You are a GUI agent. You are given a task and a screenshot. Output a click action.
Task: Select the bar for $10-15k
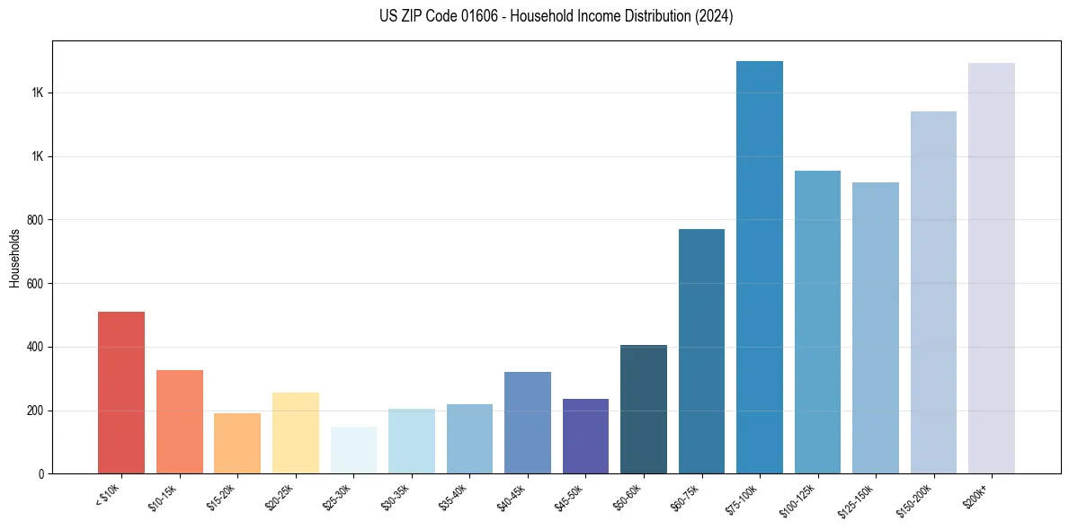(x=179, y=421)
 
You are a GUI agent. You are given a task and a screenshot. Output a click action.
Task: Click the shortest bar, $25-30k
(x=353, y=450)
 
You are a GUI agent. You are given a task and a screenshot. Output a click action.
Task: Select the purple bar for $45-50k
(x=585, y=436)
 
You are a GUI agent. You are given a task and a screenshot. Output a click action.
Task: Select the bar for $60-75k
(x=701, y=351)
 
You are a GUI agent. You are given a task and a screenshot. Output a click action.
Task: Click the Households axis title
(x=15, y=258)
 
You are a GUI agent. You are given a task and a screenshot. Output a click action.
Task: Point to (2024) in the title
(x=715, y=16)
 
